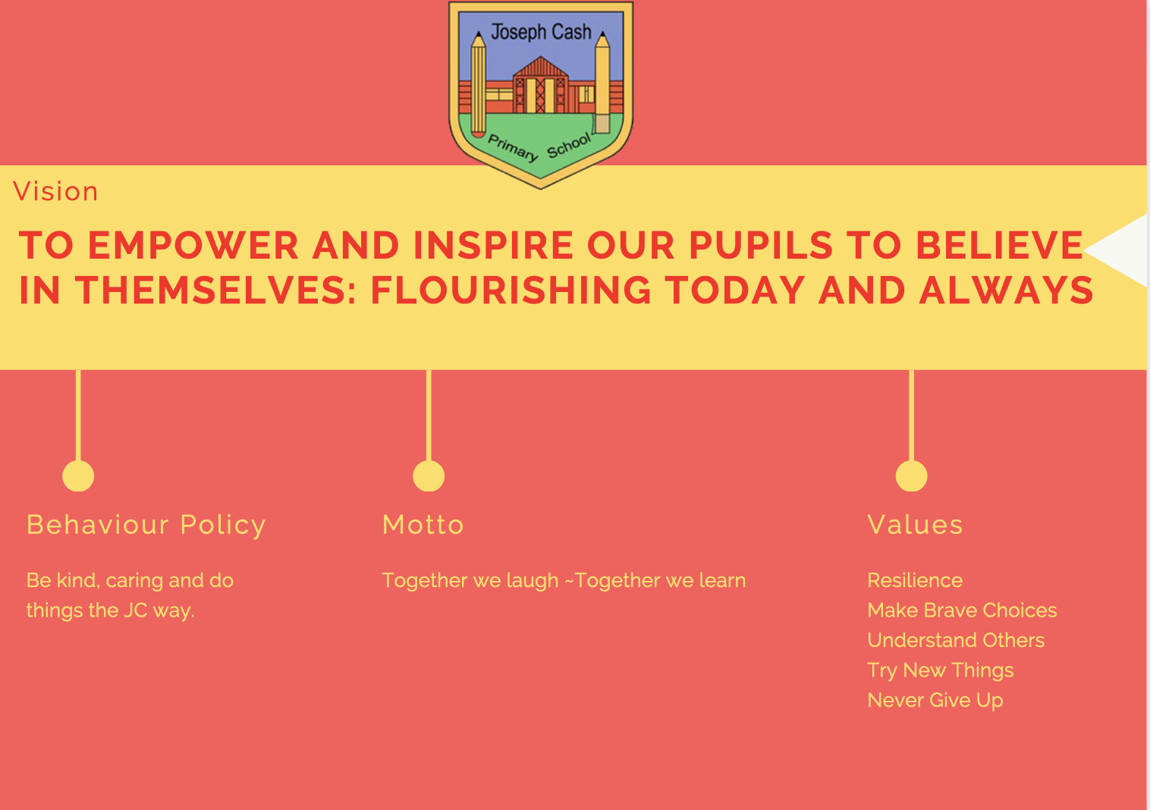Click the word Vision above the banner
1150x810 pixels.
55,191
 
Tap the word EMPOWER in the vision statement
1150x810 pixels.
193,246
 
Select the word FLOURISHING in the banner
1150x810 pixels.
511,290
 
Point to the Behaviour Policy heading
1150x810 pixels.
146,526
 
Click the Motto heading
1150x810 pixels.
423,525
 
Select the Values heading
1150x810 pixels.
915,525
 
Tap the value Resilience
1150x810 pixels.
915,580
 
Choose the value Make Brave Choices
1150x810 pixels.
962,611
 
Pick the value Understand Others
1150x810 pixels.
956,640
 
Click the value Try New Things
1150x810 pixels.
941,671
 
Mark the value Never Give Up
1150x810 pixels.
935,701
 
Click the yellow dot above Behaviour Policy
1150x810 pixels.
78,476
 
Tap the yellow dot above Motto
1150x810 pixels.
429,476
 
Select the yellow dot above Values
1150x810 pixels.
911,476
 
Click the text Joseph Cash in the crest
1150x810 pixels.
541,33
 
